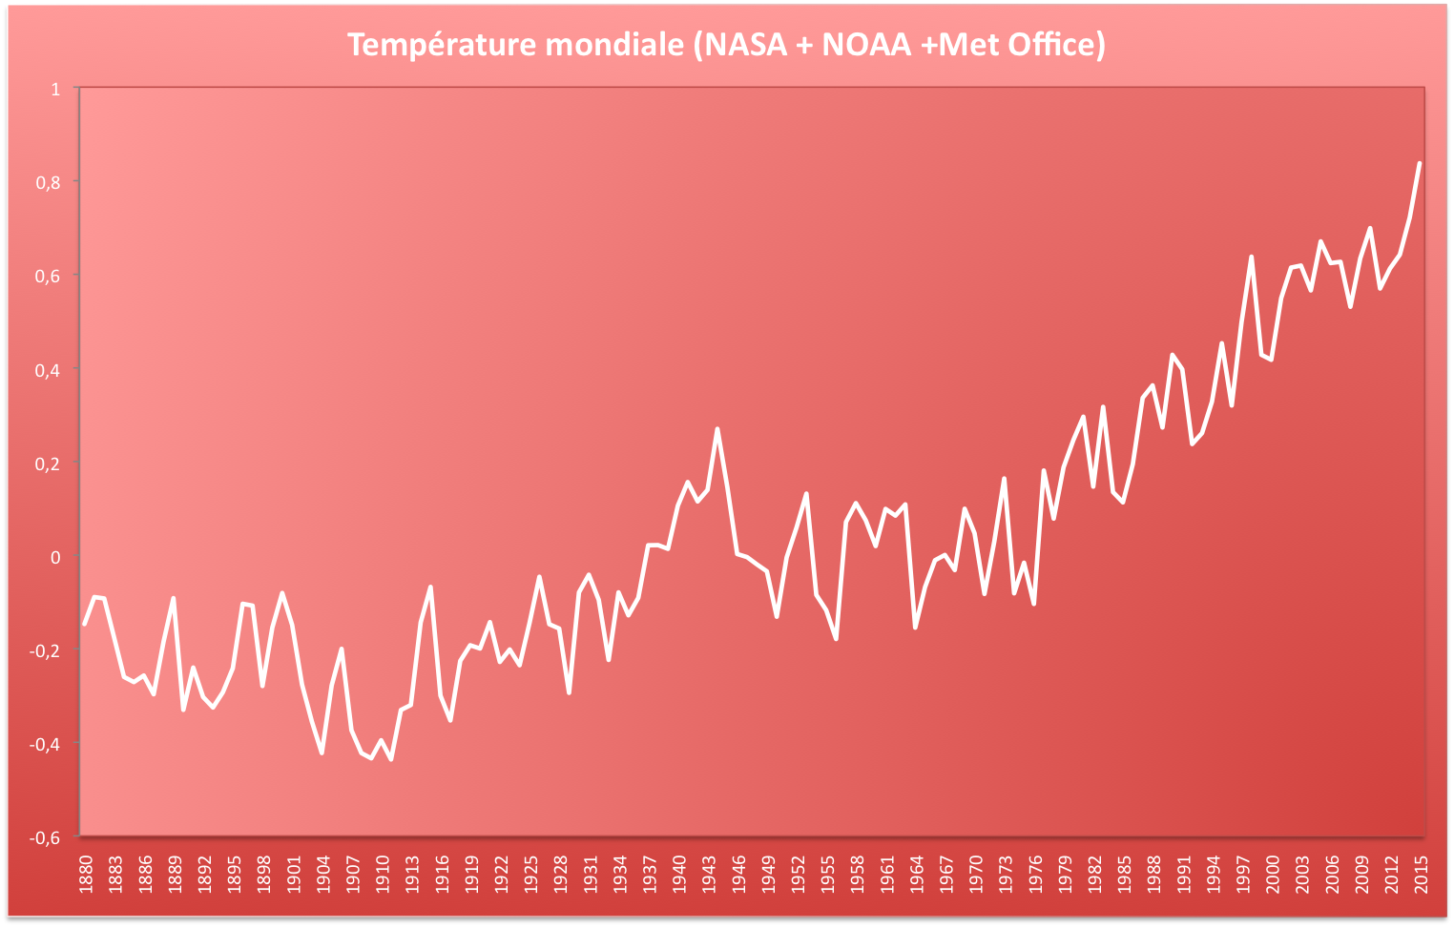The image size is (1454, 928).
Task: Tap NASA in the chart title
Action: [746, 45]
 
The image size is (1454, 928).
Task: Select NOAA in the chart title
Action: [866, 45]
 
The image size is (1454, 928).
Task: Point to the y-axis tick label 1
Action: [55, 89]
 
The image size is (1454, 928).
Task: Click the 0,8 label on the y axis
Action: [48, 182]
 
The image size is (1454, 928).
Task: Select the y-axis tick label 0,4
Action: [48, 370]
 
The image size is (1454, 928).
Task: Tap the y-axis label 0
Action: [55, 558]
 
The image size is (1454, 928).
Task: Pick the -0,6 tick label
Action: [45, 838]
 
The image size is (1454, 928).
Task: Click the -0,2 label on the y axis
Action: [45, 651]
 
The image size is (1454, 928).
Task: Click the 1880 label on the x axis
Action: [86, 875]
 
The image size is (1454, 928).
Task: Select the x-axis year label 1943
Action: [709, 875]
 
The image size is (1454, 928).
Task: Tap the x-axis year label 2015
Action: [1421, 875]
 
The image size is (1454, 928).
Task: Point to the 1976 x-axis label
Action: [1035, 875]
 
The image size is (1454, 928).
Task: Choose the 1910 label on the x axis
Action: [383, 875]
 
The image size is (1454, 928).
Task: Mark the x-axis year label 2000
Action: [1273, 875]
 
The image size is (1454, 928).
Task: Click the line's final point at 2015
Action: [1420, 163]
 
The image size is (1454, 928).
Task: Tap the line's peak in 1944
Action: [717, 429]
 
